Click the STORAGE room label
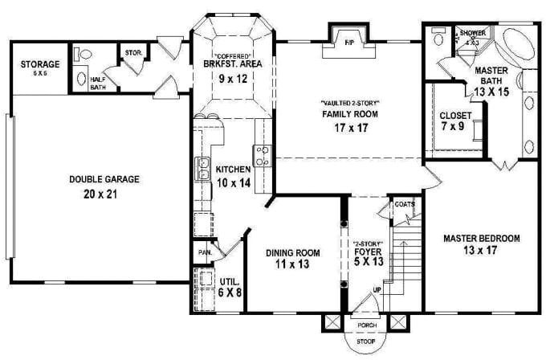[40, 63]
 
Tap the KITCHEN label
[234, 170]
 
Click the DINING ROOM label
[292, 253]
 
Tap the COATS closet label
[405, 204]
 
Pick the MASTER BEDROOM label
[482, 238]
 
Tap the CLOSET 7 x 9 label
[455, 115]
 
